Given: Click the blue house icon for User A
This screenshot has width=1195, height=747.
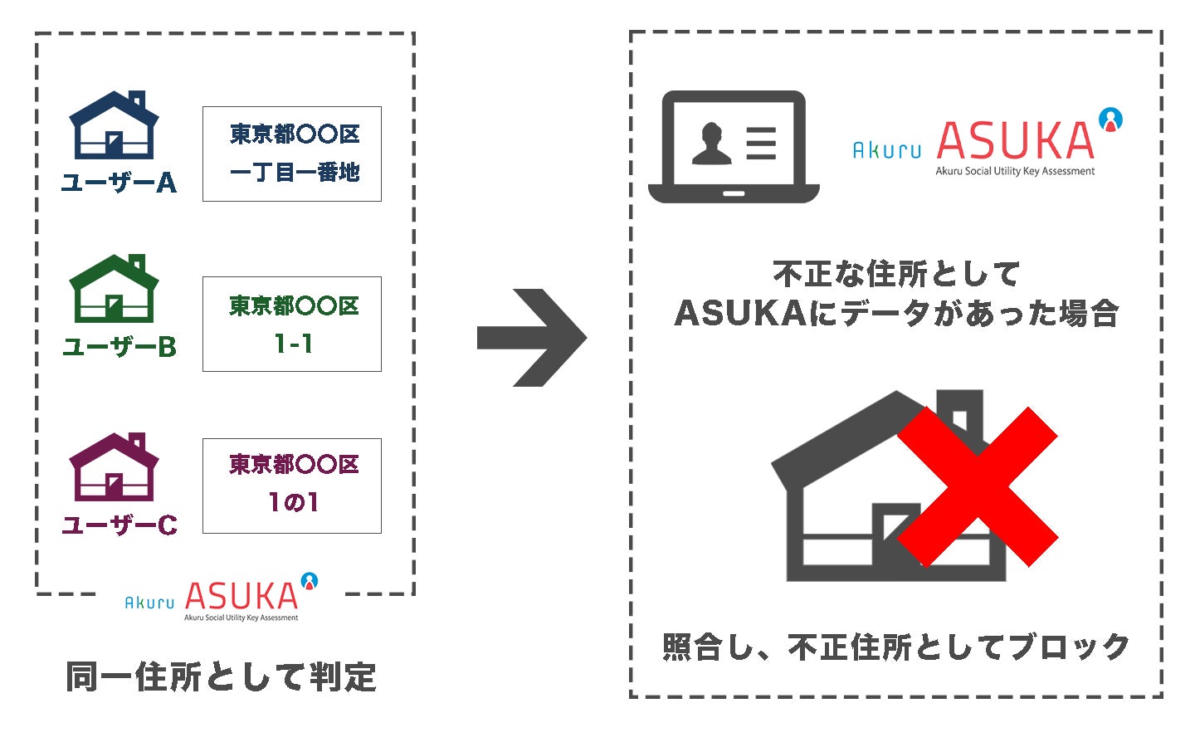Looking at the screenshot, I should tap(114, 126).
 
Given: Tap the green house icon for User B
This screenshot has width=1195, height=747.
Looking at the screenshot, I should tap(114, 290).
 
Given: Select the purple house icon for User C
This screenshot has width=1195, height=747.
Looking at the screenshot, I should tap(114, 468).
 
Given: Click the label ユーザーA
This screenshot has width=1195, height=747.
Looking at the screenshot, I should tap(119, 183).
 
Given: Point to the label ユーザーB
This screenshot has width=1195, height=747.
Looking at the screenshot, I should tap(119, 347).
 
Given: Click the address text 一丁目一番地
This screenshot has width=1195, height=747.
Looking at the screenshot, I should tap(294, 173).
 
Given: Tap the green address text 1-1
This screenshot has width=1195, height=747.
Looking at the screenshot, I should tap(293, 344).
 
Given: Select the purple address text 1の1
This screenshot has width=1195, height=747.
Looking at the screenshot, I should tap(293, 502).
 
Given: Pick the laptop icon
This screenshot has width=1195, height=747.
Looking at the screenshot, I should tap(734, 148).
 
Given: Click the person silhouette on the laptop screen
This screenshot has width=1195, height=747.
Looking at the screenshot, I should tap(712, 144).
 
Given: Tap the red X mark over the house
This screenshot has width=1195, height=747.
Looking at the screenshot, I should tap(977, 487).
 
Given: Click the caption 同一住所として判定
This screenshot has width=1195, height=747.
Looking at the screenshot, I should tap(222, 677).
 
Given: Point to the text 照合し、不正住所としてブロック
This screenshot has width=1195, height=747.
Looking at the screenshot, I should tap(896, 647).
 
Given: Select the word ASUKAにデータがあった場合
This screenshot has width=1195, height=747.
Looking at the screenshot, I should tap(896, 314).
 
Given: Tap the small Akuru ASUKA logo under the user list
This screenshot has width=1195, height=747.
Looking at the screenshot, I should tap(222, 598).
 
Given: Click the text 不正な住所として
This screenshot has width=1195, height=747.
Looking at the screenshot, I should tap(896, 273).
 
